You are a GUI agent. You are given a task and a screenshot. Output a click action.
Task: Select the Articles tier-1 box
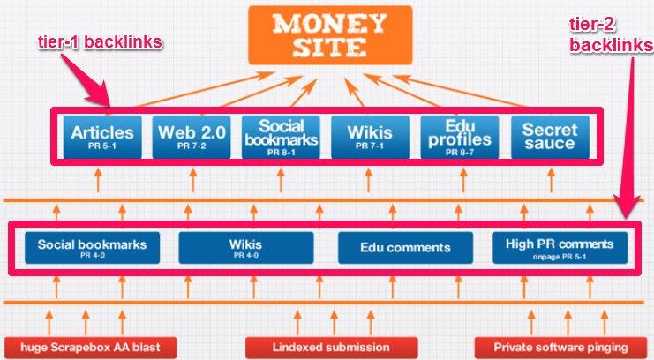pos(103,137)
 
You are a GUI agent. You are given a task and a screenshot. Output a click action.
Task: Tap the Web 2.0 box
pos(192,137)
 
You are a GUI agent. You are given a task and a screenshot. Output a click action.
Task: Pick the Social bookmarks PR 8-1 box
pos(281,137)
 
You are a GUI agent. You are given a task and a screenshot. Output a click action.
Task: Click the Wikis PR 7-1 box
pos(370,137)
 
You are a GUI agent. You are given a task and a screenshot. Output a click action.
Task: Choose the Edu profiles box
pos(459,137)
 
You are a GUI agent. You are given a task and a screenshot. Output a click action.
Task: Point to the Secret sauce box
pos(548,137)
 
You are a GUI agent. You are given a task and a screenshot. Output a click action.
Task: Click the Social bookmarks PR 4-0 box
pos(92,247)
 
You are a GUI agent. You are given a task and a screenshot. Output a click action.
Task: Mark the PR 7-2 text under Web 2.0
pos(192,152)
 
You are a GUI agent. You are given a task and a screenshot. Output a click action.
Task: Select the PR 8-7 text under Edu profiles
pos(459,153)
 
